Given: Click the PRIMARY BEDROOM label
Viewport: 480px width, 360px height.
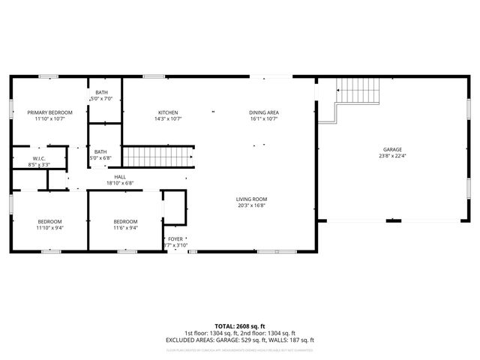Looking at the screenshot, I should (49, 112).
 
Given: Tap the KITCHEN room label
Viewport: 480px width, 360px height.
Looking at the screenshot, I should (168, 112).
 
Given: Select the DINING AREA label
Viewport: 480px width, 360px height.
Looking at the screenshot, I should (263, 112).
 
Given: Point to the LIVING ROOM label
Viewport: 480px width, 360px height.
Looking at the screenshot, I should (252, 199).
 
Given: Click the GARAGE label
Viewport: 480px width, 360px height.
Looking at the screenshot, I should (393, 150).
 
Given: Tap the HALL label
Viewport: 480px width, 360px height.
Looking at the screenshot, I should (120, 176).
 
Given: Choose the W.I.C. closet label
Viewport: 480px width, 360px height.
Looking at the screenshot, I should (39, 158).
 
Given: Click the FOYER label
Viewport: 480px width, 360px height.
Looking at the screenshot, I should (175, 239).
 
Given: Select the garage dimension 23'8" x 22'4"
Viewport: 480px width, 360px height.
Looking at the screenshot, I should (393, 156).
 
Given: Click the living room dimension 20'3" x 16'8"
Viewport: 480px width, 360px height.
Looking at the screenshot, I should (252, 205).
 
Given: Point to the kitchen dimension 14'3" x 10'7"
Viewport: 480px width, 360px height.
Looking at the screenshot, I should (168, 118).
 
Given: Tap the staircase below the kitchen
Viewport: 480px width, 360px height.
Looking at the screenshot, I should (159, 157).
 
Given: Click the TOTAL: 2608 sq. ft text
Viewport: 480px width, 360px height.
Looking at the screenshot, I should (240, 325).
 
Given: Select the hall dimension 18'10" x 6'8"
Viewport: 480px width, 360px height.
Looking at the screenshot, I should (120, 182).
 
